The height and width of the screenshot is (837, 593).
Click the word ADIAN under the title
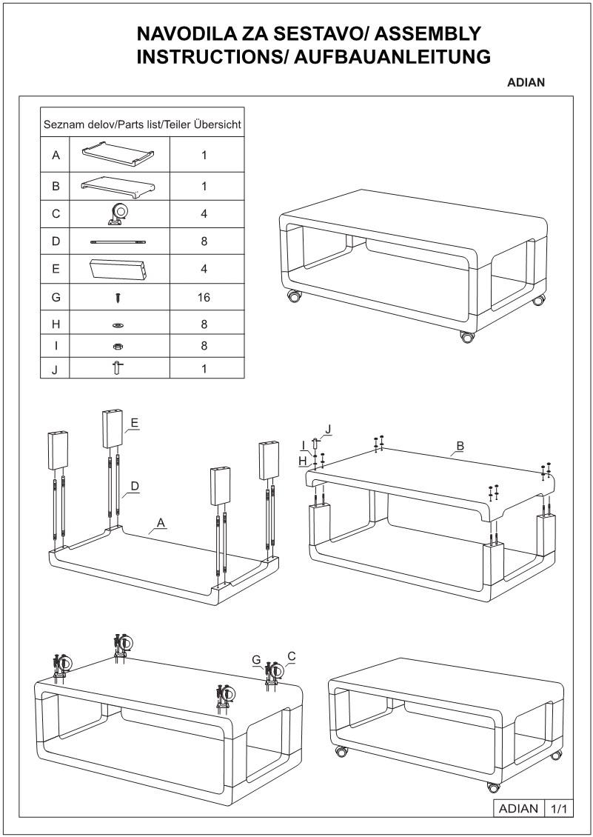click(526, 83)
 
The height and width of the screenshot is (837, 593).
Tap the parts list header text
click(142, 124)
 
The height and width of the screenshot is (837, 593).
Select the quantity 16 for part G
click(204, 298)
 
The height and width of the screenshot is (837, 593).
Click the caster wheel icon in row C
click(118, 214)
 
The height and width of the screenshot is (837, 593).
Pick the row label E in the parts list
click(56, 270)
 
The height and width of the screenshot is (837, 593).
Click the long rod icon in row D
click(118, 241)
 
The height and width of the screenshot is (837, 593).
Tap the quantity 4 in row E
click(204, 270)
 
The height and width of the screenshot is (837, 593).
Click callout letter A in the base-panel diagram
click(161, 523)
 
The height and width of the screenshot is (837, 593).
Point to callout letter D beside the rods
click(135, 486)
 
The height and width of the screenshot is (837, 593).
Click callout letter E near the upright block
click(135, 423)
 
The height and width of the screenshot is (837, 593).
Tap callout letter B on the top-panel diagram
click(460, 446)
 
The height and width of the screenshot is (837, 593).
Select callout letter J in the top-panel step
click(328, 428)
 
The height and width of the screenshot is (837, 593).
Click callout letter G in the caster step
click(255, 659)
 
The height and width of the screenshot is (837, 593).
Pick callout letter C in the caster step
click(291, 656)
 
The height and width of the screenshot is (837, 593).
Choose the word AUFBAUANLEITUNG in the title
click(393, 56)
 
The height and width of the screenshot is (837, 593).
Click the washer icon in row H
click(118, 324)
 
